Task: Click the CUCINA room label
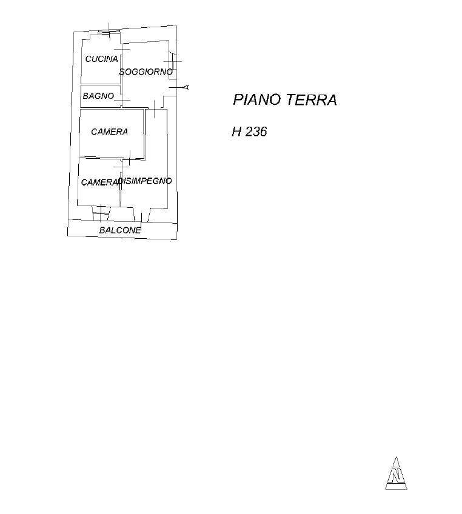click(x=101, y=59)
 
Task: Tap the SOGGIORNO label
click(x=146, y=72)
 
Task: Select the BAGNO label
click(x=98, y=96)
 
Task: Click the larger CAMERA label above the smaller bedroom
click(x=109, y=132)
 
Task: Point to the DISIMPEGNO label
click(x=146, y=181)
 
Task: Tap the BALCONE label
click(x=120, y=230)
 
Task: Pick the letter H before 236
click(x=236, y=132)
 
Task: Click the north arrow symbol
click(x=396, y=473)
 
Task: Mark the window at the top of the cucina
click(x=108, y=30)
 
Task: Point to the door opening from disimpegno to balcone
click(x=141, y=217)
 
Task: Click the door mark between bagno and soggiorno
click(x=122, y=99)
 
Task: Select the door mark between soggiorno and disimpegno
click(x=155, y=109)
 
